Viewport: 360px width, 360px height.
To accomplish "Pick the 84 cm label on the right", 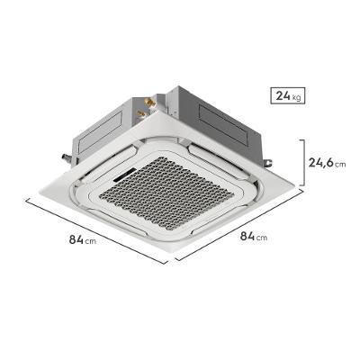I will pyautogui.click(x=253, y=236).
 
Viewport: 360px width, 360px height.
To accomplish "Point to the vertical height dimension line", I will pyautogui.click(x=304, y=163).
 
